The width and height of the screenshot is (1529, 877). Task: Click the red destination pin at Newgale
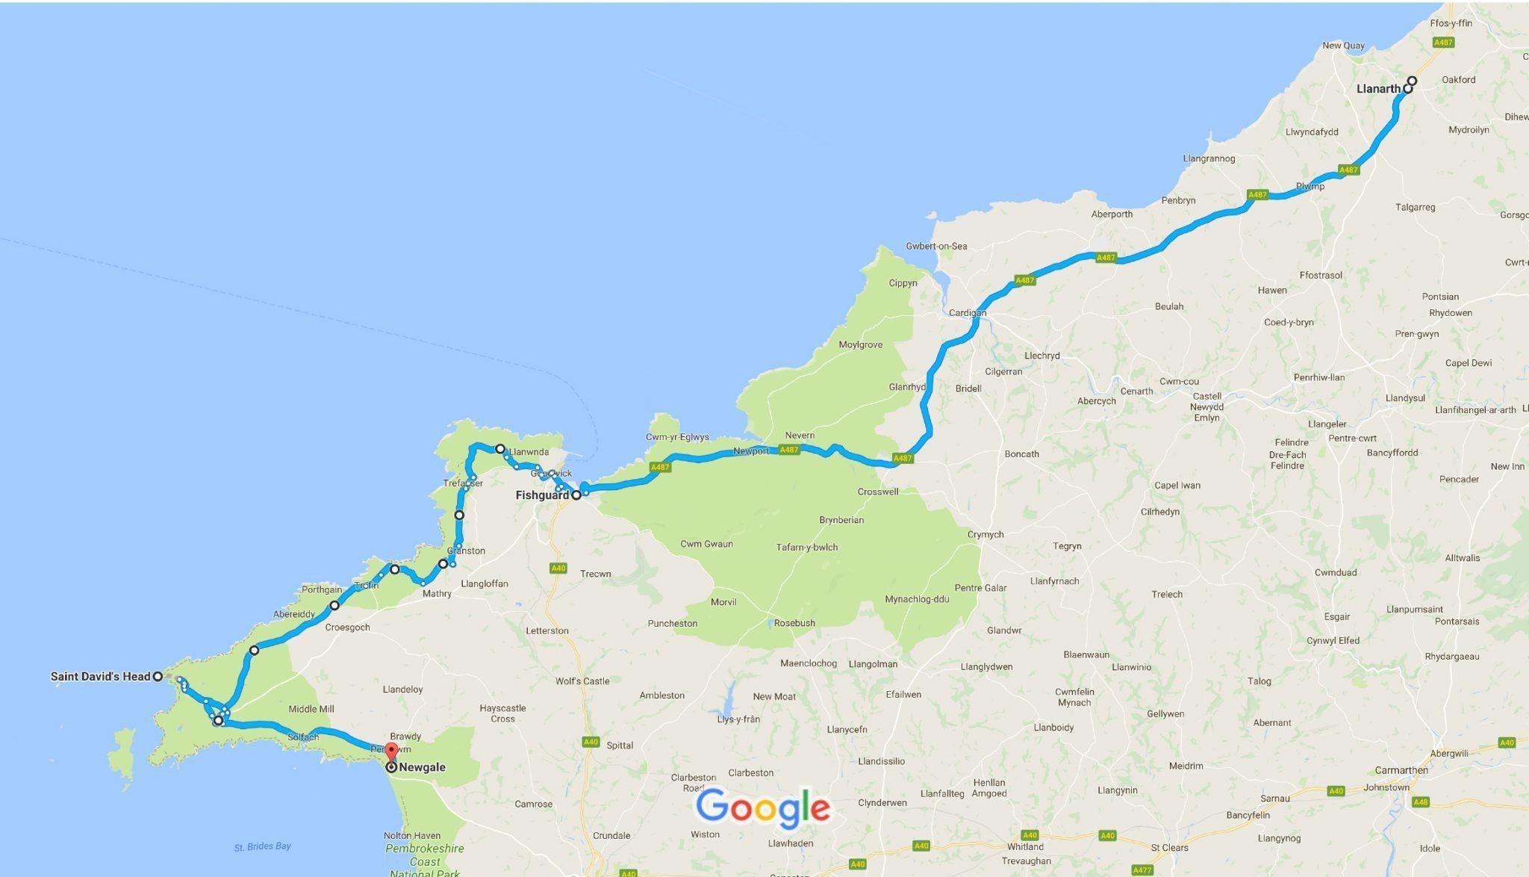pos(391,750)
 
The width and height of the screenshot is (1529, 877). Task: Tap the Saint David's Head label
pos(100,677)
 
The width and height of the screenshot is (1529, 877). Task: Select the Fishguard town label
pos(542,495)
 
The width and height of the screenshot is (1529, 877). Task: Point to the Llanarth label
pos(1378,89)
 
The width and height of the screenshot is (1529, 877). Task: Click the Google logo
pos(762,808)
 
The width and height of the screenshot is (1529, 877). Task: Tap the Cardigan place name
pos(967,313)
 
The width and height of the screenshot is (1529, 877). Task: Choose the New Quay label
pos(1343,46)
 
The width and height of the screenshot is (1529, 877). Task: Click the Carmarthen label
pos(1401,770)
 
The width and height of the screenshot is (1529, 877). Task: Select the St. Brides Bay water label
pos(262,846)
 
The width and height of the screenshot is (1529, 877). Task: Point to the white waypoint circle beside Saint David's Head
pos(158,677)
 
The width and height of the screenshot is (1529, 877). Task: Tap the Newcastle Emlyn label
pos(1206,407)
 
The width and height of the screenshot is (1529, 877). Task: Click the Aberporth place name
pos(1112,214)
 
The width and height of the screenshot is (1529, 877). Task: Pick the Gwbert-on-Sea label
pos(936,246)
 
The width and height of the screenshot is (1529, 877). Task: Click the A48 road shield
pos(1420,802)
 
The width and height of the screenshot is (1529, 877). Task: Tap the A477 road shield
pos(1142,870)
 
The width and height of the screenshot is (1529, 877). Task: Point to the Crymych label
pos(985,535)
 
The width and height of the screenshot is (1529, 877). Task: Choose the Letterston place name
pos(547,630)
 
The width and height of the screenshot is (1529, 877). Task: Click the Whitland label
pos(1025,846)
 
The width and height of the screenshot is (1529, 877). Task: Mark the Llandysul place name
pos(1405,398)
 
